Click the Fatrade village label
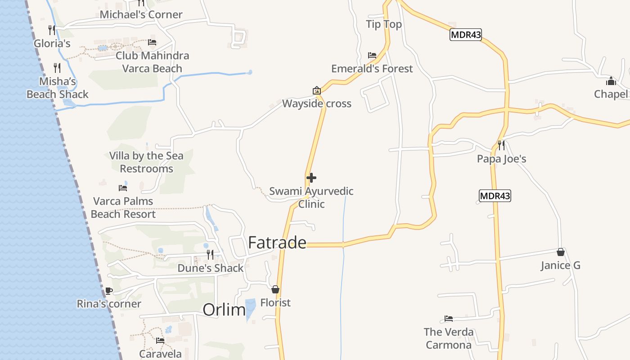point(277,243)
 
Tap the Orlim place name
point(224,310)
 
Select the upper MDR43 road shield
point(466,35)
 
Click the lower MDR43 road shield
point(495,196)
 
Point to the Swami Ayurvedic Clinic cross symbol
point(311,178)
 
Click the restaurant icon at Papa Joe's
point(501,145)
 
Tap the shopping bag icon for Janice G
point(560,252)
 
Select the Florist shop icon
point(275,289)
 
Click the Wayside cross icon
point(317,90)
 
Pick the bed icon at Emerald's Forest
point(372,55)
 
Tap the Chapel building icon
point(611,81)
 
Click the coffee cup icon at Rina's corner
point(108,291)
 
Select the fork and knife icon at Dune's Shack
point(210,255)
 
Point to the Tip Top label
point(384,24)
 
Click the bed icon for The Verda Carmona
point(449,319)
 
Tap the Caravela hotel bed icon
point(160,341)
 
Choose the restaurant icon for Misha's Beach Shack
point(57,68)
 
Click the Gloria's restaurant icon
point(52,30)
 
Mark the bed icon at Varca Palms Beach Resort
point(122,188)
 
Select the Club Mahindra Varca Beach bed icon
point(152,42)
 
